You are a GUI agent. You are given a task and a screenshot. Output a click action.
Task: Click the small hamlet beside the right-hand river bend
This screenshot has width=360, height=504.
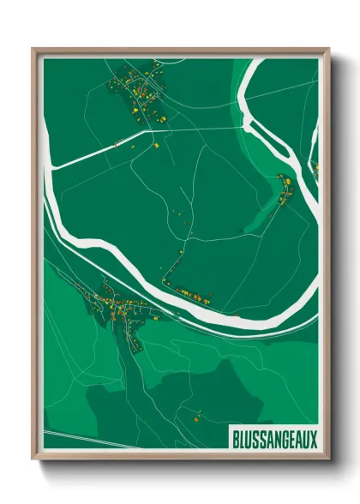[x=285, y=190]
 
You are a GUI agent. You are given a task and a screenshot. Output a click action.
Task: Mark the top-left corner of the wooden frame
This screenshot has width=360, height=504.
[x=33, y=50]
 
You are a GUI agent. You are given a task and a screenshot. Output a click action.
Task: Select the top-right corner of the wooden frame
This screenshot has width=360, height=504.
[x=328, y=50]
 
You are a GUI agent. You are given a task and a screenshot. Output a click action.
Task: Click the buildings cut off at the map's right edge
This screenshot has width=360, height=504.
[x=315, y=169]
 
